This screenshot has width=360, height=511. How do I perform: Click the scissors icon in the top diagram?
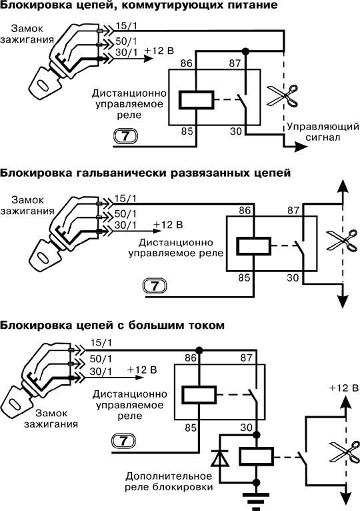(x=283, y=96)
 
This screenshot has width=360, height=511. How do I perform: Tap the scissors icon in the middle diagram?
(x=342, y=241)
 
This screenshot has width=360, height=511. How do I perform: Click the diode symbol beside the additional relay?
(x=220, y=457)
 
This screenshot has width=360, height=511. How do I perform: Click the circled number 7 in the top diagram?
(x=125, y=136)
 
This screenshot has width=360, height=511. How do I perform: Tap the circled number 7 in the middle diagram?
(x=155, y=286)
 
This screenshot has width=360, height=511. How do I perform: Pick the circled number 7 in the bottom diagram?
(x=123, y=441)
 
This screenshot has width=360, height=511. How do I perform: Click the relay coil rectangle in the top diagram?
(x=197, y=99)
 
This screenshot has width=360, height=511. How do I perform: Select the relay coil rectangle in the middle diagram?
(x=253, y=245)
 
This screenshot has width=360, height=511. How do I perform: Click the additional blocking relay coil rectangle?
(x=257, y=456)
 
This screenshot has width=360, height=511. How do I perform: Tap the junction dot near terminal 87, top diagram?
(x=246, y=51)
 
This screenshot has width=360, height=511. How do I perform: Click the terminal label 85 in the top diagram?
(x=187, y=131)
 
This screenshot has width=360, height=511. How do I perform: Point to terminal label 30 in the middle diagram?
(x=293, y=278)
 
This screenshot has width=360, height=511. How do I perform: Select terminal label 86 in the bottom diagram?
(x=191, y=358)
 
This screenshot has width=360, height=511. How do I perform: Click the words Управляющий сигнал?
(x=323, y=131)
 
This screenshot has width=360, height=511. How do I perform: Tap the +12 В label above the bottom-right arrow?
(x=344, y=388)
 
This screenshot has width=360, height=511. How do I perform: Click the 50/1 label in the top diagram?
(x=126, y=41)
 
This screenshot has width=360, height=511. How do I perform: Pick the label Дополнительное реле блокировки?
(x=169, y=482)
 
